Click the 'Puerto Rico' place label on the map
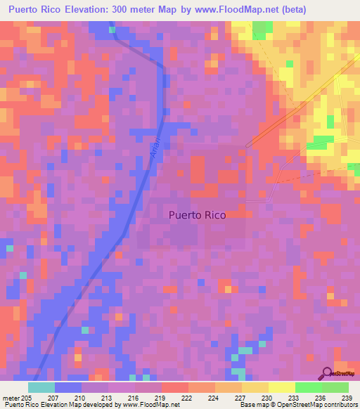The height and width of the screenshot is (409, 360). click(x=198, y=216)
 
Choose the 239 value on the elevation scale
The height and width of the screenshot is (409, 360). click(x=347, y=398)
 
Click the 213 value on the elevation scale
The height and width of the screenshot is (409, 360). click(x=108, y=398)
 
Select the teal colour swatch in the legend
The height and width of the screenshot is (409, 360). click(x=41, y=387)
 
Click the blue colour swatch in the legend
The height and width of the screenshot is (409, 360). click(x=68, y=387)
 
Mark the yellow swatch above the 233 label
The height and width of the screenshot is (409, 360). click(x=281, y=387)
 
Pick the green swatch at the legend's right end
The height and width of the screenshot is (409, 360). click(x=335, y=387)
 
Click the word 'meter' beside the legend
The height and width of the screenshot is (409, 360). click(x=11, y=398)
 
